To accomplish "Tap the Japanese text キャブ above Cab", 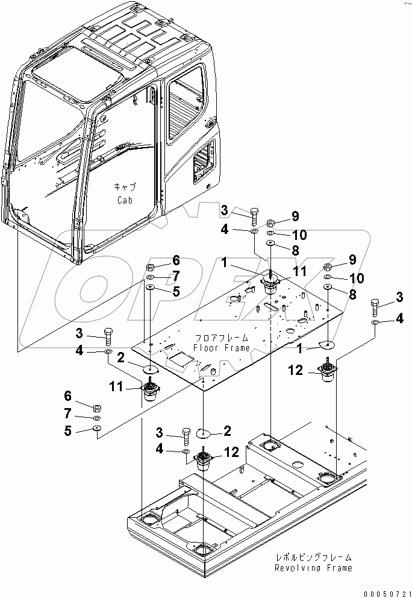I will (x=123, y=187).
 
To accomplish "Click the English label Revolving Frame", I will (x=313, y=568).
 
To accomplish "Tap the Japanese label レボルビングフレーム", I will (x=314, y=558).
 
